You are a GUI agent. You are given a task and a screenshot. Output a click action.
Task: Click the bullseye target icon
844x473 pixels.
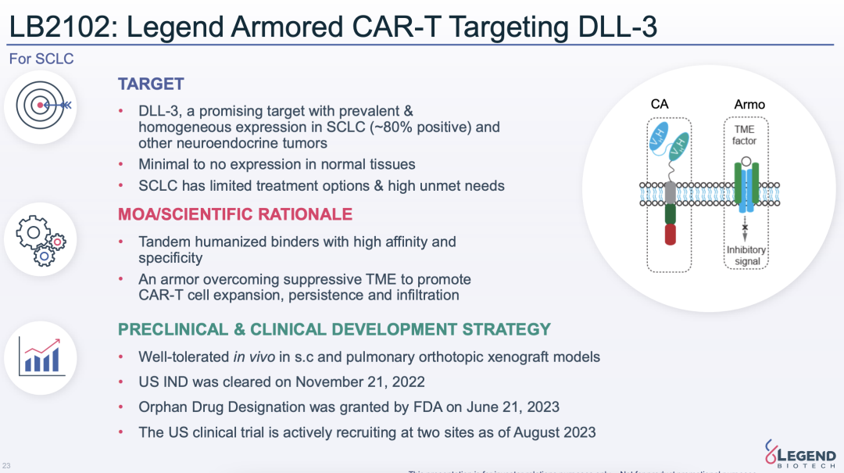click(x=45, y=106)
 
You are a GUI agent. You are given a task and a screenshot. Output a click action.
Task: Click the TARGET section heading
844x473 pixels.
click(x=151, y=84)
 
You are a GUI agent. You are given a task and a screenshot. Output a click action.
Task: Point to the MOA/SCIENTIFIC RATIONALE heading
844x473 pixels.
click(x=234, y=214)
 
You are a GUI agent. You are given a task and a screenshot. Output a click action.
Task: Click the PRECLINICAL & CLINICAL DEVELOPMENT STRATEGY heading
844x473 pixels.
click(x=334, y=329)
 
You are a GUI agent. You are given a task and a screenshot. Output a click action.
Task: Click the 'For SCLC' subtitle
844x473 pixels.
click(x=41, y=59)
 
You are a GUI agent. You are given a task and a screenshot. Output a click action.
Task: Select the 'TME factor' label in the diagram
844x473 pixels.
click(x=744, y=135)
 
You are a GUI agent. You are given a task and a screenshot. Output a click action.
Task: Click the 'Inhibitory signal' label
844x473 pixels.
click(x=746, y=256)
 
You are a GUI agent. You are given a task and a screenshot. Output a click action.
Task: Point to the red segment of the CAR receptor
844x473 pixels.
click(x=670, y=235)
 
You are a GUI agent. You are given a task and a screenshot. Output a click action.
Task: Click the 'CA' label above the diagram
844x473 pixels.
click(x=660, y=104)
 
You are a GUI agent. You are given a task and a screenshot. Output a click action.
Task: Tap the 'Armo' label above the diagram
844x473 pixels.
click(x=749, y=104)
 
